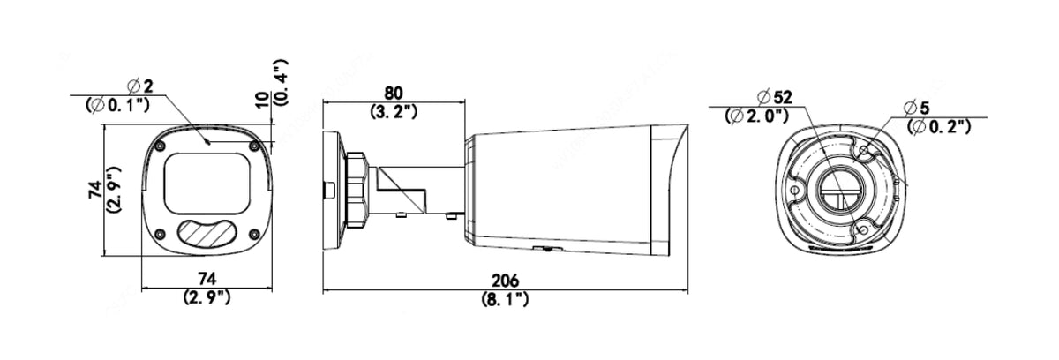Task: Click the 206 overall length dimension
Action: tap(505, 281)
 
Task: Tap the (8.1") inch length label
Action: tap(505, 299)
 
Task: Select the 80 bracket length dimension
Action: tap(394, 93)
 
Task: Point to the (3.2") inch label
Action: tap(394, 111)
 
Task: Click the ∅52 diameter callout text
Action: tap(775, 97)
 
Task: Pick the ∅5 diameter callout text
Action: tap(917, 108)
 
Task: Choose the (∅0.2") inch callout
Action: tap(939, 126)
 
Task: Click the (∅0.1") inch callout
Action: tap(117, 104)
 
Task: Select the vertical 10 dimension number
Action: tap(263, 100)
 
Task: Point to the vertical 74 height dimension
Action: tap(95, 190)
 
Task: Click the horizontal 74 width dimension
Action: tap(207, 279)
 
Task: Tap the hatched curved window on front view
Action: tap(207, 233)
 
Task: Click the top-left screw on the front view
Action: tap(160, 145)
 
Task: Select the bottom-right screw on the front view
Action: tap(254, 234)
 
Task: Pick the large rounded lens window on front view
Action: tap(207, 184)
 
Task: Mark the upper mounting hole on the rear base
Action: tap(864, 151)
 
